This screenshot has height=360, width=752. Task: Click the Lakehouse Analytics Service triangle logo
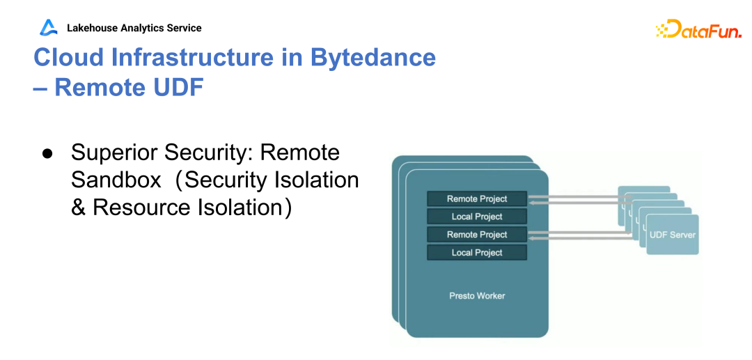[x=49, y=28]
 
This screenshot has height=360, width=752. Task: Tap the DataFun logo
[x=698, y=29]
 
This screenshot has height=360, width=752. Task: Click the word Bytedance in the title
[x=373, y=57]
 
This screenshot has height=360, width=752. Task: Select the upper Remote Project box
[x=477, y=198]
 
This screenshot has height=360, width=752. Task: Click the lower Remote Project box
[x=477, y=235]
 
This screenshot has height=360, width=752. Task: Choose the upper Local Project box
[x=477, y=217]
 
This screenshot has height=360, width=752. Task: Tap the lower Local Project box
[x=477, y=253]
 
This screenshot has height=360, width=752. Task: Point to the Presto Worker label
[x=477, y=296]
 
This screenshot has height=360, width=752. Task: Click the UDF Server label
[x=672, y=235]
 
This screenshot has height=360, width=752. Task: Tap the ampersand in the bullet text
[x=79, y=208]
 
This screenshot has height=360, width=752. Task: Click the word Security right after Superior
[x=212, y=152]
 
